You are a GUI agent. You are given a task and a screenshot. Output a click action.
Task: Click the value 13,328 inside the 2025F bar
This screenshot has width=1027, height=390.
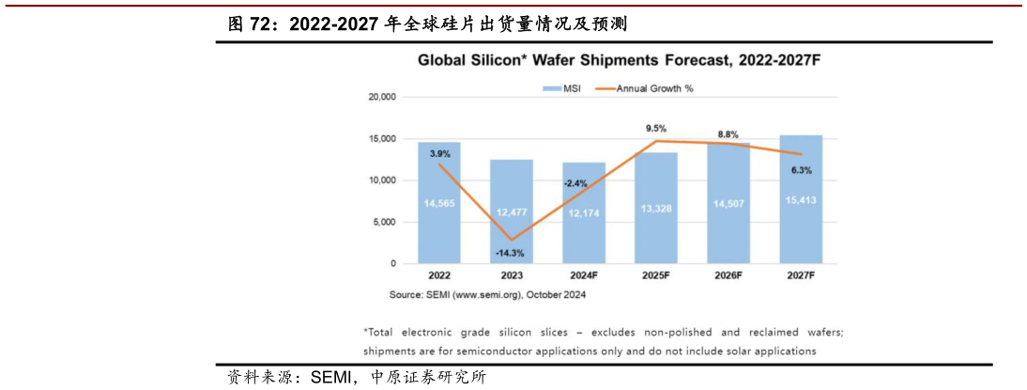656,208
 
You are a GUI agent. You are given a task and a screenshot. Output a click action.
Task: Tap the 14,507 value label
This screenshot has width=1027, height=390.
728,204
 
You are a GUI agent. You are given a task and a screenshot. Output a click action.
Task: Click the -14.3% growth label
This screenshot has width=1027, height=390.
512,254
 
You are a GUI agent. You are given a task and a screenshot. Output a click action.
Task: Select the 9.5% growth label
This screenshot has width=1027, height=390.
656,128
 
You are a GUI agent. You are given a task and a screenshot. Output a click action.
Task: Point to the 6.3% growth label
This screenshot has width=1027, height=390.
801,170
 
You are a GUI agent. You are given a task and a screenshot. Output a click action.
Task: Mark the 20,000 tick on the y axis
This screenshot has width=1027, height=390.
380,97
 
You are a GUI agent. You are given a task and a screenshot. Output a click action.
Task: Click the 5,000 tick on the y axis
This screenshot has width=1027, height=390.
383,222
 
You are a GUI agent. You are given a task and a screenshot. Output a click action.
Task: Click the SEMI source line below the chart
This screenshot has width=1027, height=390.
487,294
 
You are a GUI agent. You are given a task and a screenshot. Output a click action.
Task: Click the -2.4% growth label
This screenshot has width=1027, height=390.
575,184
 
